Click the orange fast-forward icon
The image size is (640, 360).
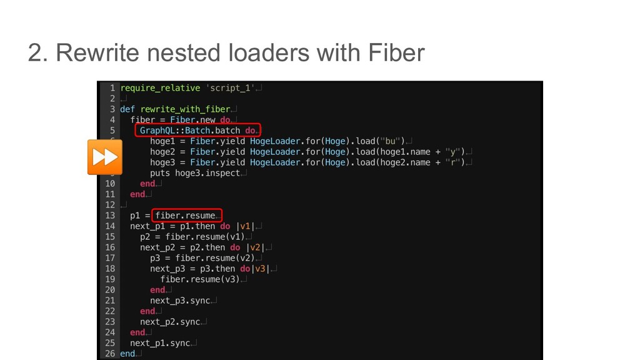click(104, 157)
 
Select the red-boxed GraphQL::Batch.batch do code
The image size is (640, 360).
click(197, 131)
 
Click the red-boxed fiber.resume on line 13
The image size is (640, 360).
click(186, 216)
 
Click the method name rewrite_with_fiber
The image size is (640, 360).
click(186, 109)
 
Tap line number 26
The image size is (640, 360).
click(109, 354)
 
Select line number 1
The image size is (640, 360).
click(112, 88)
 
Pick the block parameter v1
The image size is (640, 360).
click(245, 226)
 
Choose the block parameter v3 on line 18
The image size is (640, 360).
click(260, 269)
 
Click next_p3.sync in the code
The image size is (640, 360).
click(180, 301)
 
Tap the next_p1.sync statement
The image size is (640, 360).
click(159, 343)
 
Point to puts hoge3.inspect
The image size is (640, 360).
click(195, 173)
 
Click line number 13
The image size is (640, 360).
click(109, 216)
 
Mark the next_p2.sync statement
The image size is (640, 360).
click(170, 322)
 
